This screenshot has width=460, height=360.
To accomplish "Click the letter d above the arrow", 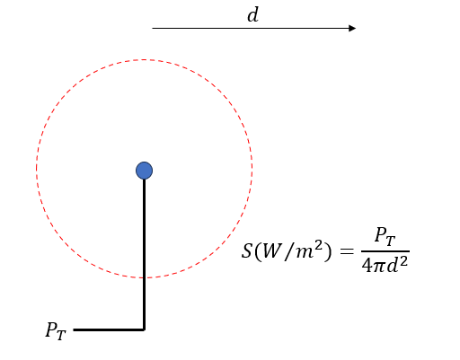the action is (x=253, y=15).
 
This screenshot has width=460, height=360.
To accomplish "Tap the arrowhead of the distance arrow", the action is (x=352, y=28).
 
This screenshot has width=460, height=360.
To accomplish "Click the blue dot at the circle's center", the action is (x=144, y=171).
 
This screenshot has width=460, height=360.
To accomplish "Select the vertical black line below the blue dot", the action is (x=144, y=254).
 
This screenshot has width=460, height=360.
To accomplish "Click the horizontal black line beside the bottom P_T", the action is (x=109, y=329).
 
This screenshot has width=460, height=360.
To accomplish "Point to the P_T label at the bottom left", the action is (x=56, y=331).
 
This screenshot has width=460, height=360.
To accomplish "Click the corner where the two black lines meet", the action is (x=144, y=329).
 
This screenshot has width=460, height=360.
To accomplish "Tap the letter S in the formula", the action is (x=247, y=250).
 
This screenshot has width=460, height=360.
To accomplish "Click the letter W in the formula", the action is (x=271, y=250).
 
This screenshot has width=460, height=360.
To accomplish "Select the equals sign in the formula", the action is (x=347, y=251).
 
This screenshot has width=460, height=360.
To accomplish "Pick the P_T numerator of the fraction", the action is (x=385, y=237).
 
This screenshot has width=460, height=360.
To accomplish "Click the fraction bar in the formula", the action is (x=385, y=251).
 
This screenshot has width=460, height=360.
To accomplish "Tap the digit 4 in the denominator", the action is (x=367, y=265).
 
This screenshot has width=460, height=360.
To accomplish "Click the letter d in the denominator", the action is (x=393, y=265).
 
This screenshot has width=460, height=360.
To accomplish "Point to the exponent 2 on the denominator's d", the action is (x=403, y=261).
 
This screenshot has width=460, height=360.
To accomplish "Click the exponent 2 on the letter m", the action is (x=318, y=246).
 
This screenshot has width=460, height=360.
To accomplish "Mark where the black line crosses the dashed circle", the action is (x=144, y=277).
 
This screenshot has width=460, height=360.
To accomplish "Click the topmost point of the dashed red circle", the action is (x=144, y=59).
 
